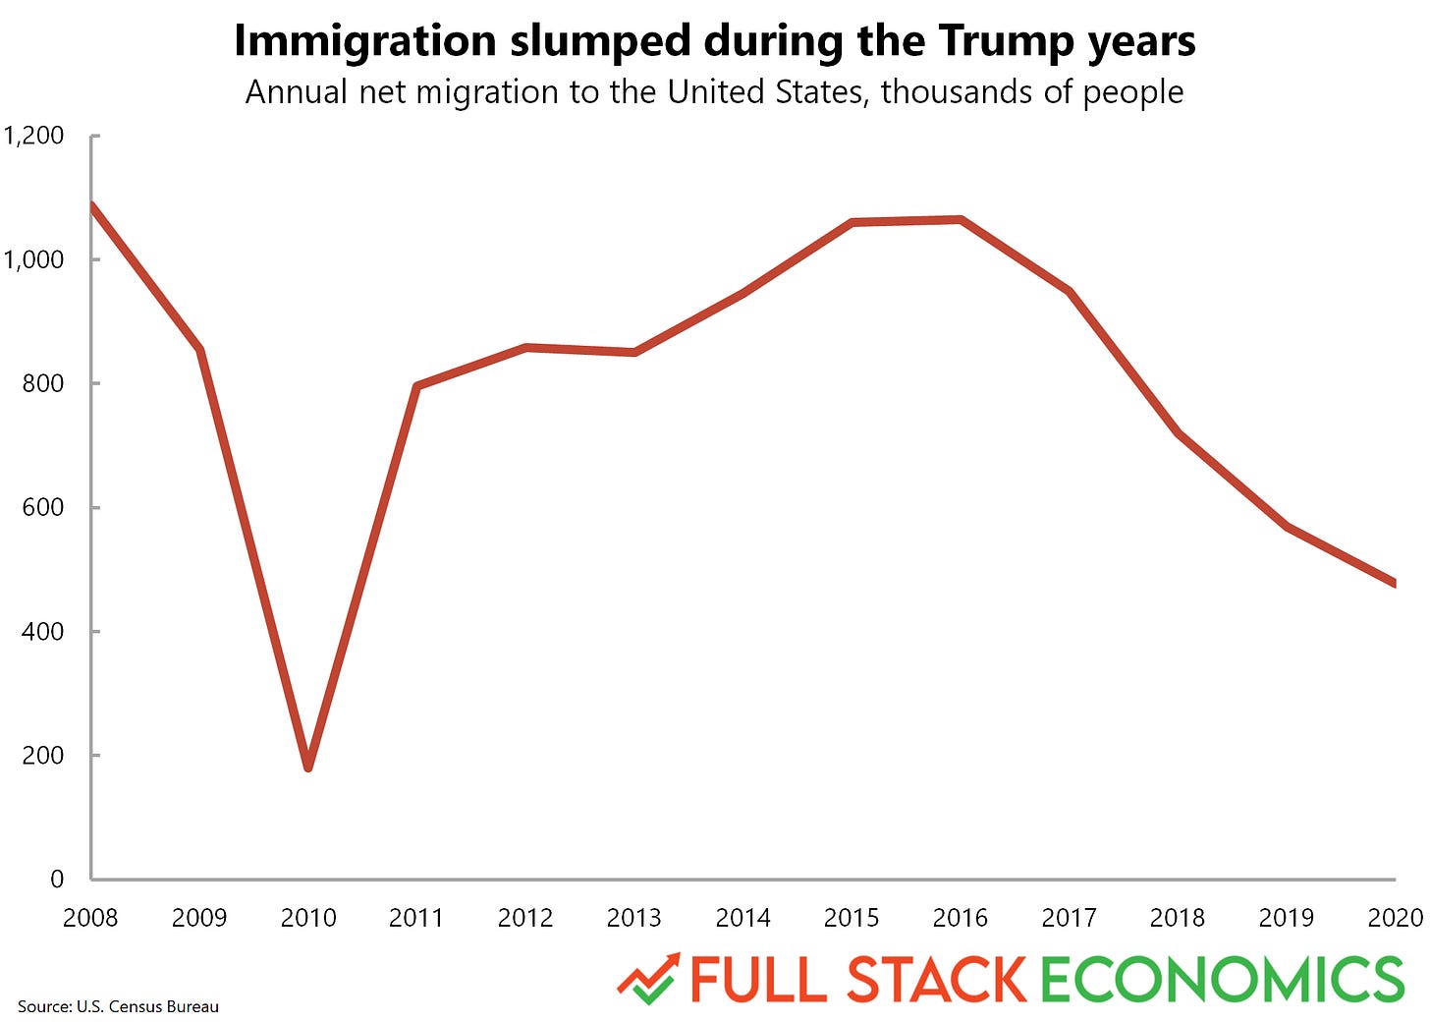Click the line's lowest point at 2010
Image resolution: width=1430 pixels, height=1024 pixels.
point(308,767)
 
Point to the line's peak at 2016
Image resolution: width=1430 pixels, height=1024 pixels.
point(961,220)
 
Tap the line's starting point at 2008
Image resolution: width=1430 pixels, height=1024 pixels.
point(92,205)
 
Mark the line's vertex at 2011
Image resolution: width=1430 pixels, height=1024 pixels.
point(417,386)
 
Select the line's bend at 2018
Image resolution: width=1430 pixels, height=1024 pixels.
point(1178,432)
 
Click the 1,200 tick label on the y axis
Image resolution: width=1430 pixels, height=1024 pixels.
point(33,136)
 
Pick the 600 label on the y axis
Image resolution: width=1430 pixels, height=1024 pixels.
point(42,507)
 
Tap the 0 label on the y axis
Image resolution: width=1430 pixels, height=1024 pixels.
point(57,879)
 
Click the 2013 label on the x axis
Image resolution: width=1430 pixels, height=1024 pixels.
point(633,918)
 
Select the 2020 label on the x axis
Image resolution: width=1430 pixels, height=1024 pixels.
point(1395,918)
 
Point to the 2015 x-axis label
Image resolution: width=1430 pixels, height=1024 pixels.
point(852,918)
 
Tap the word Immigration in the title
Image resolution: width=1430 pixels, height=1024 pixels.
point(365,41)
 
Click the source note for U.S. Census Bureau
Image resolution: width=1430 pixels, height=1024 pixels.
point(118,1006)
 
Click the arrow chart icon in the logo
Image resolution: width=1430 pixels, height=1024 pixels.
point(648,979)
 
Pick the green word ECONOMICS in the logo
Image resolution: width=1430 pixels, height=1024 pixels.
point(1222,980)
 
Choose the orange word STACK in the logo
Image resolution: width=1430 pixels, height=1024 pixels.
point(936,980)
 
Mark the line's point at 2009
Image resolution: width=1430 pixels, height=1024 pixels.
point(200,351)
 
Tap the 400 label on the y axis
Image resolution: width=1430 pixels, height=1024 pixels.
point(42,631)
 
